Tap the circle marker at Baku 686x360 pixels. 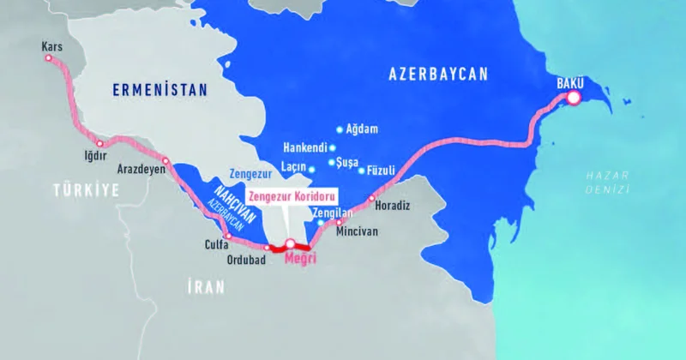[573, 99]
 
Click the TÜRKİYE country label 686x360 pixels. [84, 190]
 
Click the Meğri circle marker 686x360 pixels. [291, 243]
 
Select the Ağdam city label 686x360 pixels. [363, 129]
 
